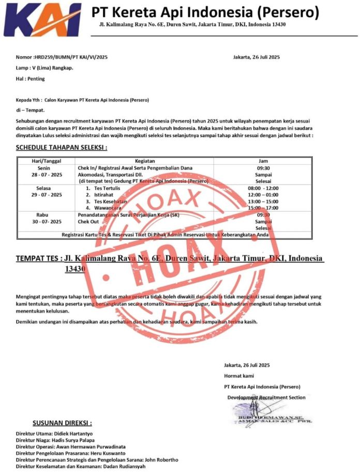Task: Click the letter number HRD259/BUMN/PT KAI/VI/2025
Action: [70, 57]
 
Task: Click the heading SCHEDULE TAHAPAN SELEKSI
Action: [62, 148]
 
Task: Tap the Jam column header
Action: [263, 161]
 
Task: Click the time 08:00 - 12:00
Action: [263, 188]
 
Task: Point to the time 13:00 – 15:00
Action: [263, 201]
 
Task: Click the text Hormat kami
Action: [239, 376]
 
